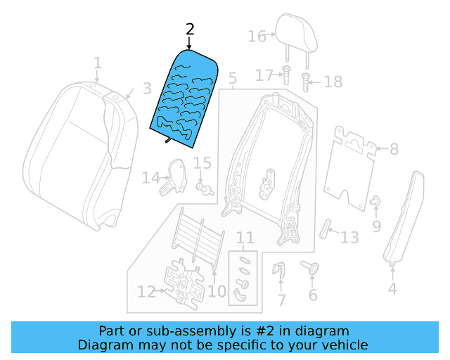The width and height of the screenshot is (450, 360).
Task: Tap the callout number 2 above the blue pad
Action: (x=189, y=30)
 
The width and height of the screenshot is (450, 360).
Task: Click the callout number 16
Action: (x=257, y=36)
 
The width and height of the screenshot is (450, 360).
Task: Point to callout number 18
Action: (x=333, y=82)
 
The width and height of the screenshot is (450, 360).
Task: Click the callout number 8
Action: (x=393, y=149)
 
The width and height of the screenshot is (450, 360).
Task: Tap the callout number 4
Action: (x=392, y=288)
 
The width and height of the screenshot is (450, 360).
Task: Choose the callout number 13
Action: (x=349, y=238)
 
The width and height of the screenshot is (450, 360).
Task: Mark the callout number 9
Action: (x=376, y=226)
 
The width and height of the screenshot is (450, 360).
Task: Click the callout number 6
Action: (x=313, y=295)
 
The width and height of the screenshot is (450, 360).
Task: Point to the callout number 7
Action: (x=281, y=301)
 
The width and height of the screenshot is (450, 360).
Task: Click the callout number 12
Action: (x=146, y=292)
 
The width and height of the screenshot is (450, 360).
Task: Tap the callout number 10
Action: (x=217, y=291)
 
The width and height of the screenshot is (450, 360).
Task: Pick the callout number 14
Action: (x=150, y=178)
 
